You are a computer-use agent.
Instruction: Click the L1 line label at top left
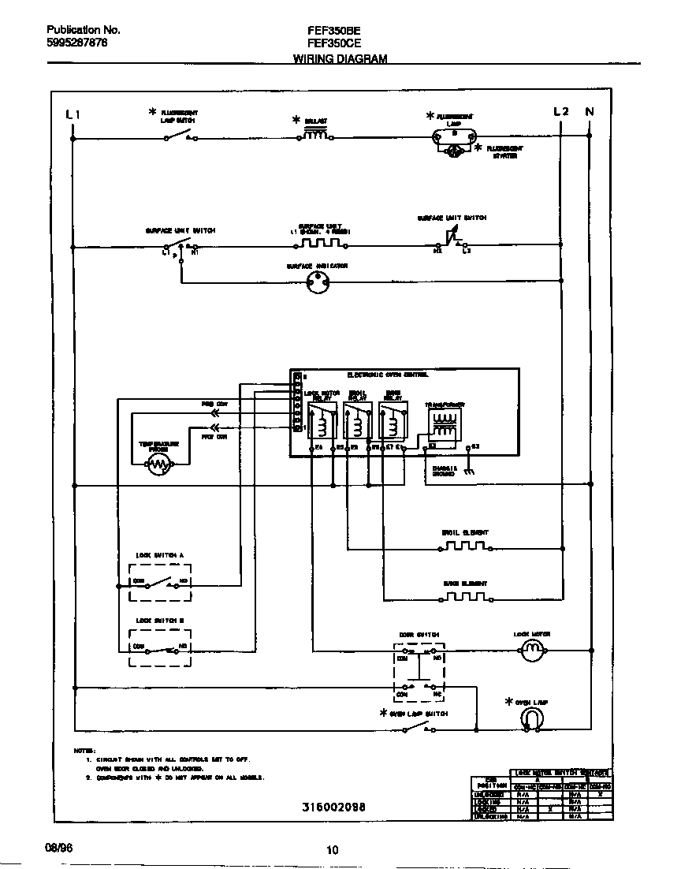(73, 114)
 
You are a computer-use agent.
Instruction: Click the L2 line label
(560, 111)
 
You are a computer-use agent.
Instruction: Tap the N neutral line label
(589, 112)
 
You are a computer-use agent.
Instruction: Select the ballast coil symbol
(315, 135)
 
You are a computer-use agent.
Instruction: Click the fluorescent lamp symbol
(454, 137)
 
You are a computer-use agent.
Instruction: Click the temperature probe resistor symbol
(161, 467)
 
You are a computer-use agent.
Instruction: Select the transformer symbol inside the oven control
(445, 426)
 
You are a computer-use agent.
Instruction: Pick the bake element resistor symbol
(463, 596)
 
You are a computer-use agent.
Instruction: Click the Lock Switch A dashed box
(161, 584)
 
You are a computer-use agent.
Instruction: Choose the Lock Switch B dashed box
(161, 648)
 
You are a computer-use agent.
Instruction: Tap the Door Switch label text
(419, 635)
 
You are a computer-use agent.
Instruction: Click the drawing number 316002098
(333, 808)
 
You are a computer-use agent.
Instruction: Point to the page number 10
(332, 850)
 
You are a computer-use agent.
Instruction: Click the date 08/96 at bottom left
(58, 846)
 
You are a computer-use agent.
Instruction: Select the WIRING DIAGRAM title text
(340, 59)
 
